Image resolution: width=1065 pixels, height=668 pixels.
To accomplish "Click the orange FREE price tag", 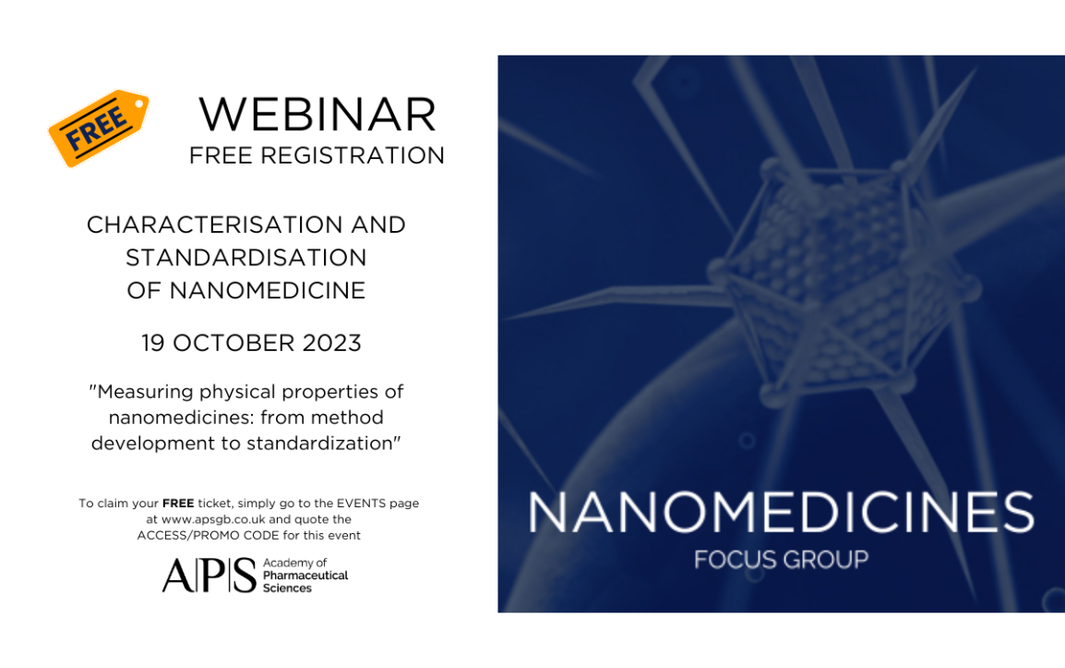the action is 99,128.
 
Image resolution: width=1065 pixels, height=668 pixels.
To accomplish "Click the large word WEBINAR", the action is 317,115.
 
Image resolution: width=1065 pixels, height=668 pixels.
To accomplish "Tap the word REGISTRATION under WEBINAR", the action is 353,156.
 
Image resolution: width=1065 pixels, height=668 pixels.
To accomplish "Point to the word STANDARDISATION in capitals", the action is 245,258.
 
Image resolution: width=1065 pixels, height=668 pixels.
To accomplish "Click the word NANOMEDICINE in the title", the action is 268,290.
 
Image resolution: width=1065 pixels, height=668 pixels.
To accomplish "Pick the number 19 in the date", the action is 153,343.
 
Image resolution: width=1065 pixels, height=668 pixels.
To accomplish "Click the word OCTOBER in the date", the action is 233,343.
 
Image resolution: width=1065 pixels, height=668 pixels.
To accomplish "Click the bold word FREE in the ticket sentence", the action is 178,504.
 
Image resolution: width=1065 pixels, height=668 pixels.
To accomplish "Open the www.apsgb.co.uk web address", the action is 213,519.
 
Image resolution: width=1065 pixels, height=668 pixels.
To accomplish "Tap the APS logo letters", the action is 209,576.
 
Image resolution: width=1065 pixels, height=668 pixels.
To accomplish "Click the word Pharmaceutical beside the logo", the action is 305,576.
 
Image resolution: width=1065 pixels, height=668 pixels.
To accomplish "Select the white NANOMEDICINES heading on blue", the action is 781,512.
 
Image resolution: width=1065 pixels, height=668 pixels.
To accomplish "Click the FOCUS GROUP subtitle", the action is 781,560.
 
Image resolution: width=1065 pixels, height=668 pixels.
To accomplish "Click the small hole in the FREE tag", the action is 140,104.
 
